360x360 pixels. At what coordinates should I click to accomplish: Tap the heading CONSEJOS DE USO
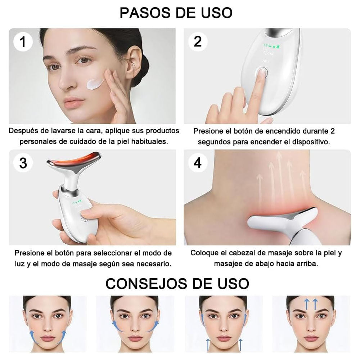click(177, 283)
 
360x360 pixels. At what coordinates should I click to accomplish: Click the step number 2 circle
click(198, 41)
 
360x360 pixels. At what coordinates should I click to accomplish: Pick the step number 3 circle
click(23, 163)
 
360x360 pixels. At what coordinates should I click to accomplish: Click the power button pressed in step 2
click(262, 73)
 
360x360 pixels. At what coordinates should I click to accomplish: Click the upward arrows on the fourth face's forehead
click(311, 305)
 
